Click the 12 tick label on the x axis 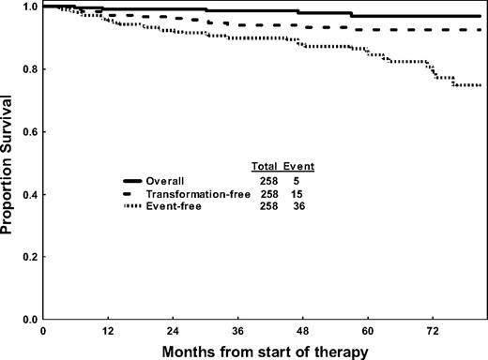click(109, 331)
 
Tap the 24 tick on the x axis click(174, 331)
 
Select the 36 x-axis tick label click(238, 331)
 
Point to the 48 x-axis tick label click(304, 331)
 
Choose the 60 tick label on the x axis click(369, 331)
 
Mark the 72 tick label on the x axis click(434, 331)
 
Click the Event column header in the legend click(299, 166)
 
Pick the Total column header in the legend click(265, 166)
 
